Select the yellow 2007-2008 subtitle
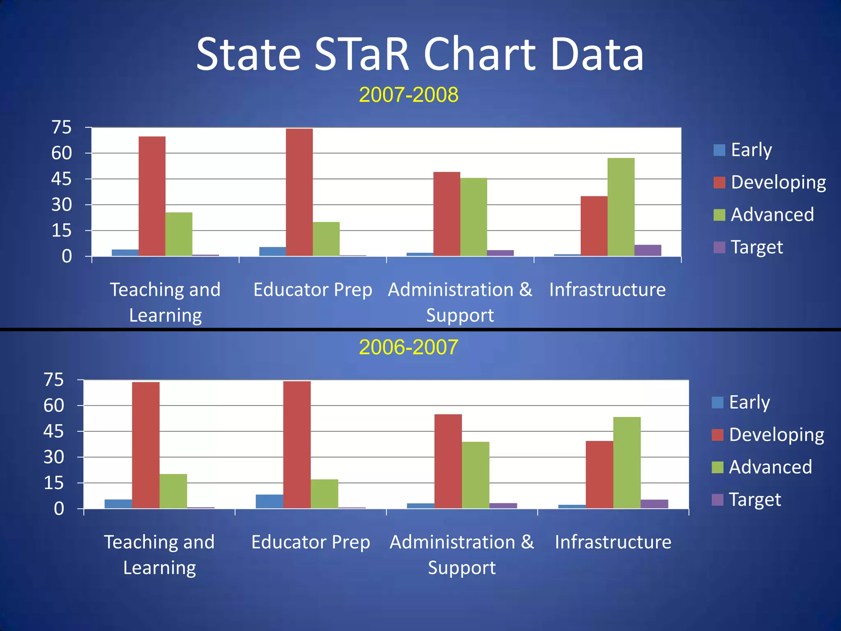pyautogui.click(x=409, y=95)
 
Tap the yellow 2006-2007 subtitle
pyautogui.click(x=408, y=348)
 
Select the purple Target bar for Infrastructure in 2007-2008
pyautogui.click(x=648, y=250)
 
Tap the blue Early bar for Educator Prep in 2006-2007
pyautogui.click(x=269, y=501)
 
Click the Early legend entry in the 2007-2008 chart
pyautogui.click(x=743, y=150)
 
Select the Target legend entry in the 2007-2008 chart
pyautogui.click(x=748, y=247)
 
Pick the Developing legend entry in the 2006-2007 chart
pyautogui.click(x=767, y=435)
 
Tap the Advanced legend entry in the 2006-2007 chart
pyautogui.click(x=762, y=467)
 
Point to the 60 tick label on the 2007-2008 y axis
pyautogui.click(x=61, y=153)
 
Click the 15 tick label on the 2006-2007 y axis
pyautogui.click(x=54, y=483)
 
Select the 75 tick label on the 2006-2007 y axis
pyautogui.click(x=54, y=380)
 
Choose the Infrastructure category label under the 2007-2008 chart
pyautogui.click(x=607, y=290)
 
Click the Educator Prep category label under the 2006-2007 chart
pyautogui.click(x=310, y=542)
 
